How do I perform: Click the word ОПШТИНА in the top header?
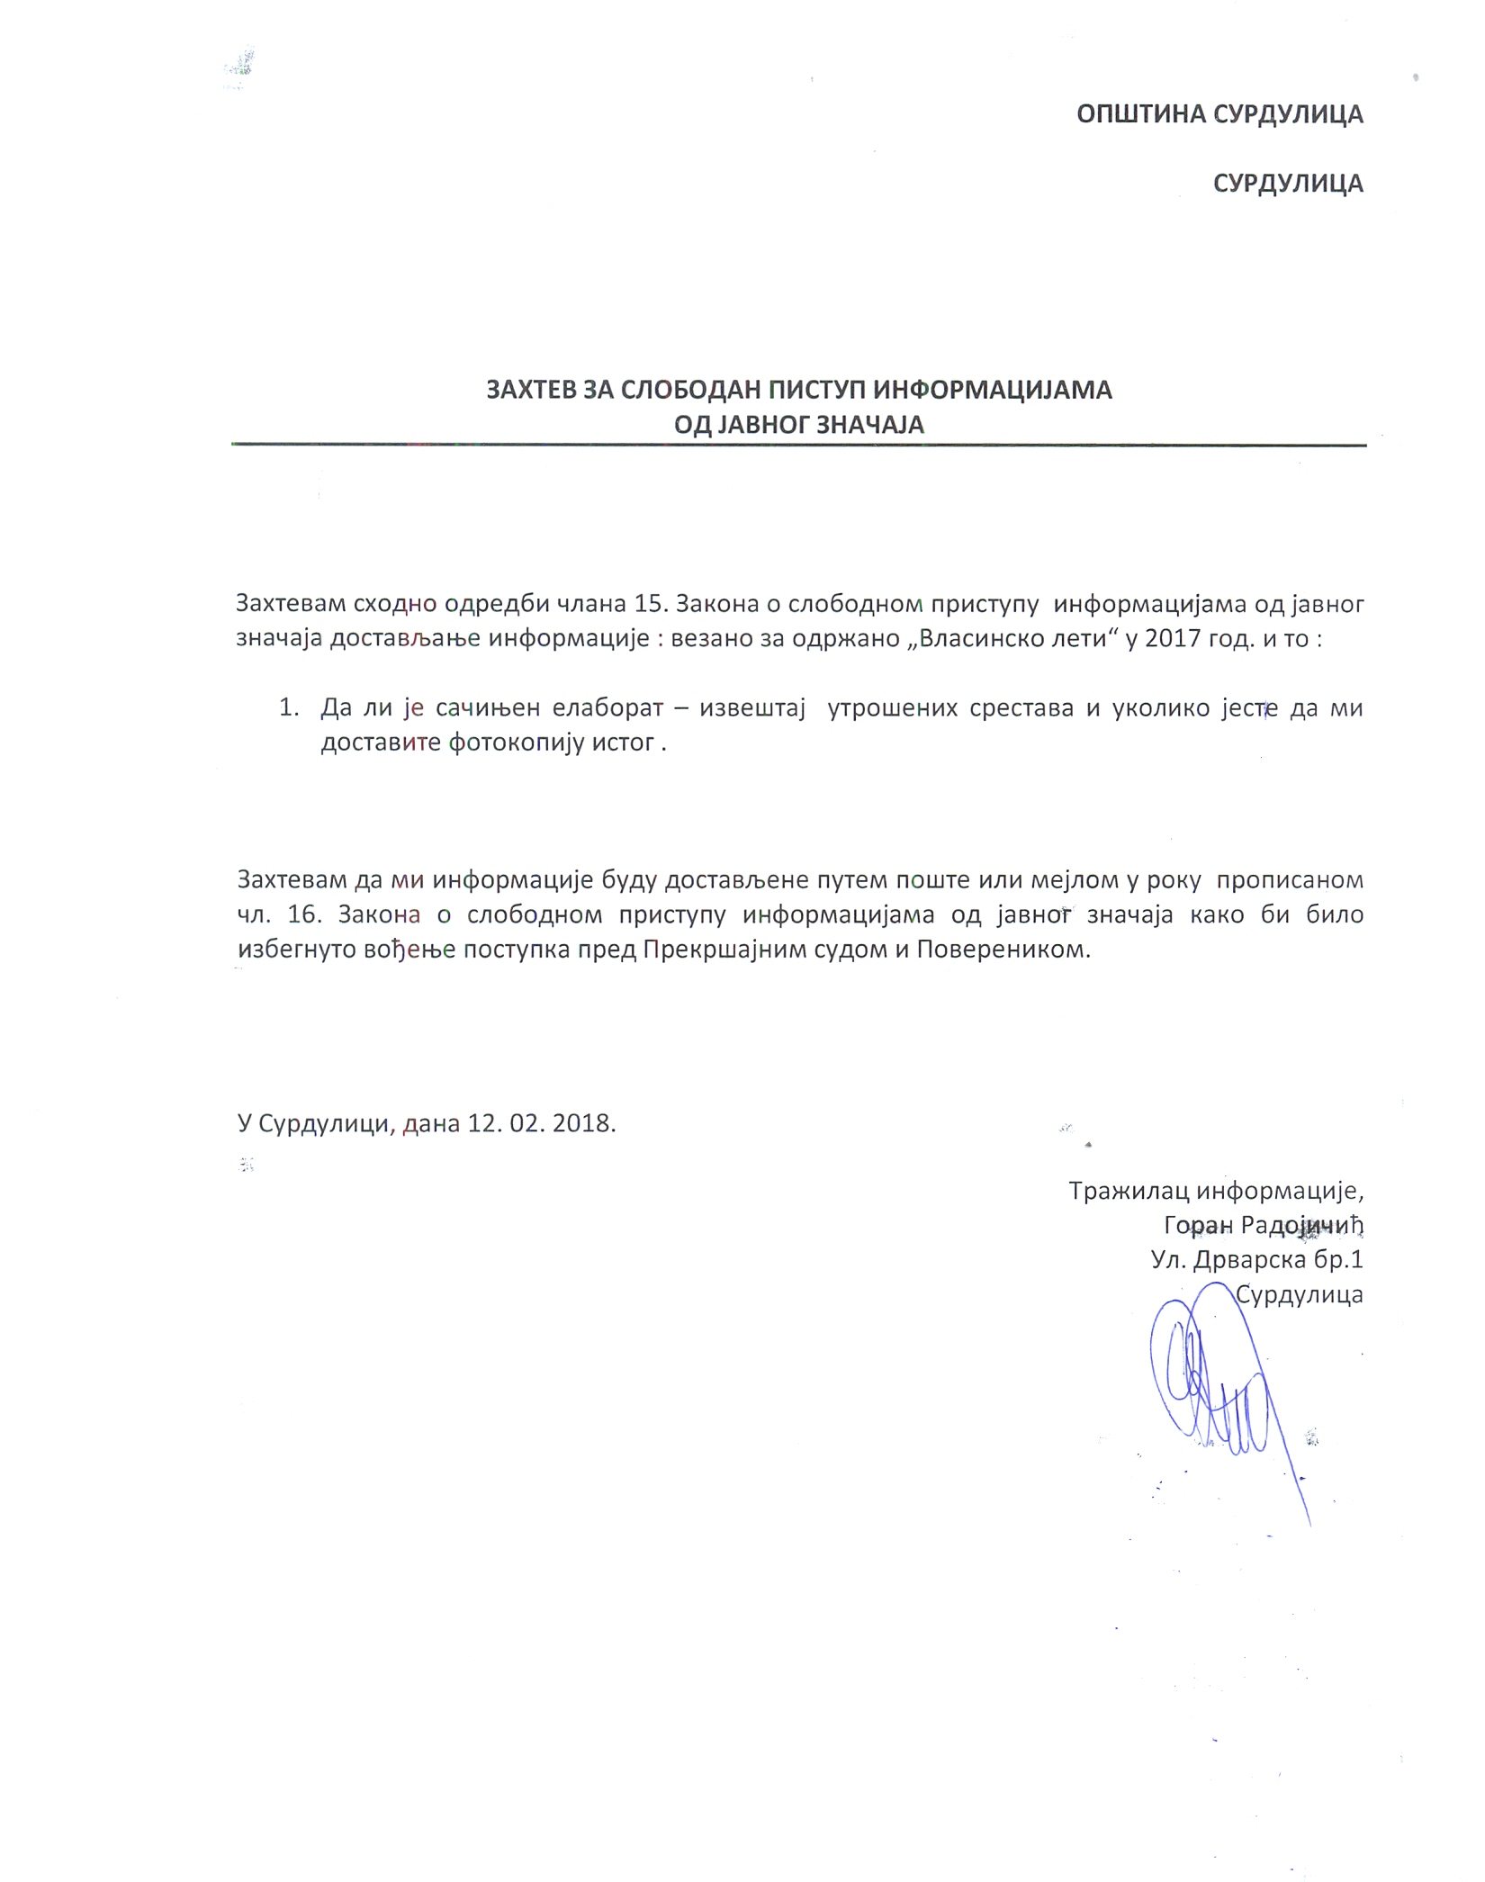1140,114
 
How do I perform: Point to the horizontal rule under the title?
798,445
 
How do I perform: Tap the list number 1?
287,707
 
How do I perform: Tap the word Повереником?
1003,950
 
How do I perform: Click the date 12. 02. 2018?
541,1123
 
